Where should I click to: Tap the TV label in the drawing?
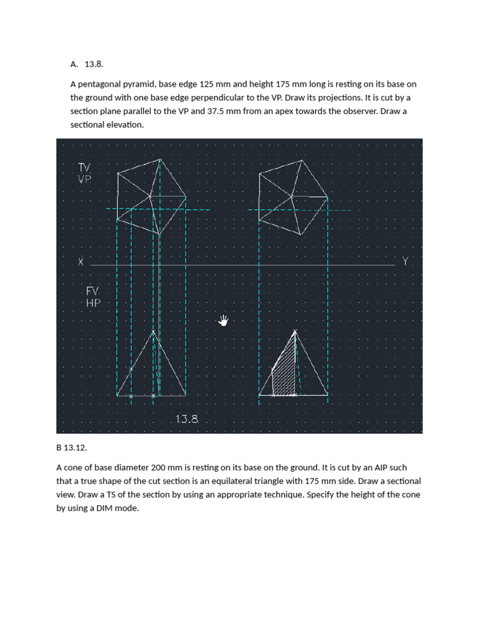84,167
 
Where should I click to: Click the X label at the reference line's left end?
80,262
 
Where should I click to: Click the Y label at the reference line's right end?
405,262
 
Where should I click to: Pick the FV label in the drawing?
92,291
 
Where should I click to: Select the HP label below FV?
92,303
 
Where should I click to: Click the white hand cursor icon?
224,320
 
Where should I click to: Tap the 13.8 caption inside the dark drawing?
187,419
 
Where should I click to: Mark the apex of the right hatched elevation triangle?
295,331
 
